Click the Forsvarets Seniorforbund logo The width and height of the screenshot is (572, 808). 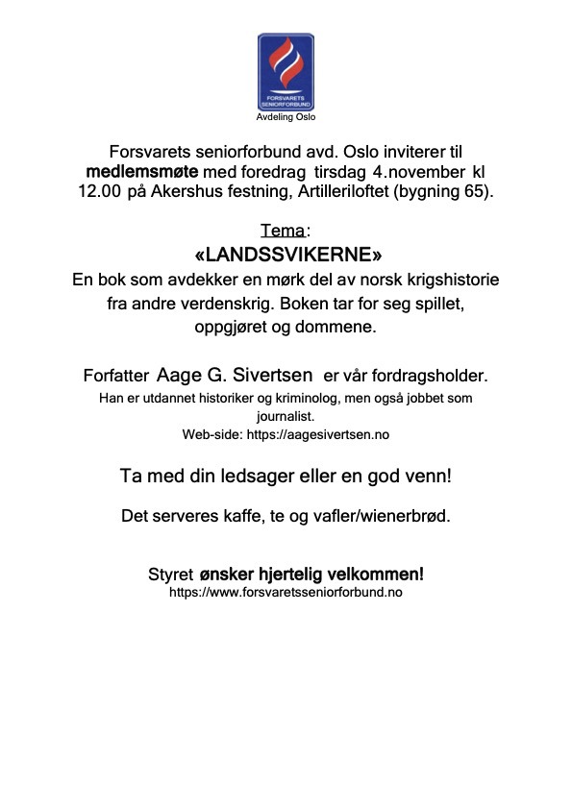[x=286, y=72]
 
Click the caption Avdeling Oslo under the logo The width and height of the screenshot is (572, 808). [x=286, y=117]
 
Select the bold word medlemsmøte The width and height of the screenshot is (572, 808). [x=142, y=171]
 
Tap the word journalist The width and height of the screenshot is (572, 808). [x=286, y=417]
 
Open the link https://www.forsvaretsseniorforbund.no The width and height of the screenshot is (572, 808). [x=286, y=593]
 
